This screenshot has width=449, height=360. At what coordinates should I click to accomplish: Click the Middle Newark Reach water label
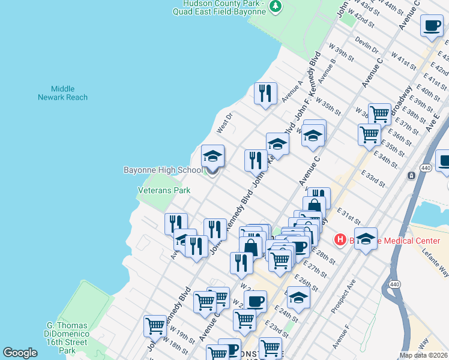tap(62, 93)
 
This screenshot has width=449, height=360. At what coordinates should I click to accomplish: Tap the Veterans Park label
tap(164, 190)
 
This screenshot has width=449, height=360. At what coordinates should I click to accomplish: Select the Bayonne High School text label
tap(163, 170)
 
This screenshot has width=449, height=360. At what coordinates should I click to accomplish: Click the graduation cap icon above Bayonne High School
tap(212, 157)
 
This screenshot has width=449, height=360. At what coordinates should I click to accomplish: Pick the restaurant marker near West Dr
tap(265, 93)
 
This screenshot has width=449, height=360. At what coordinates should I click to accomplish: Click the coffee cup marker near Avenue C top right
tap(432, 26)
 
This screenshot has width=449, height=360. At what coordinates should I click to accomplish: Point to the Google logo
tap(20, 353)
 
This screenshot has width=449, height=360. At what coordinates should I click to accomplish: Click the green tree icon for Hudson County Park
tap(276, 6)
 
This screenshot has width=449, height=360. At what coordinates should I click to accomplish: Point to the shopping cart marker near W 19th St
tap(155, 326)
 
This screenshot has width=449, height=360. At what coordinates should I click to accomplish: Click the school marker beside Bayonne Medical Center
tap(366, 238)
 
